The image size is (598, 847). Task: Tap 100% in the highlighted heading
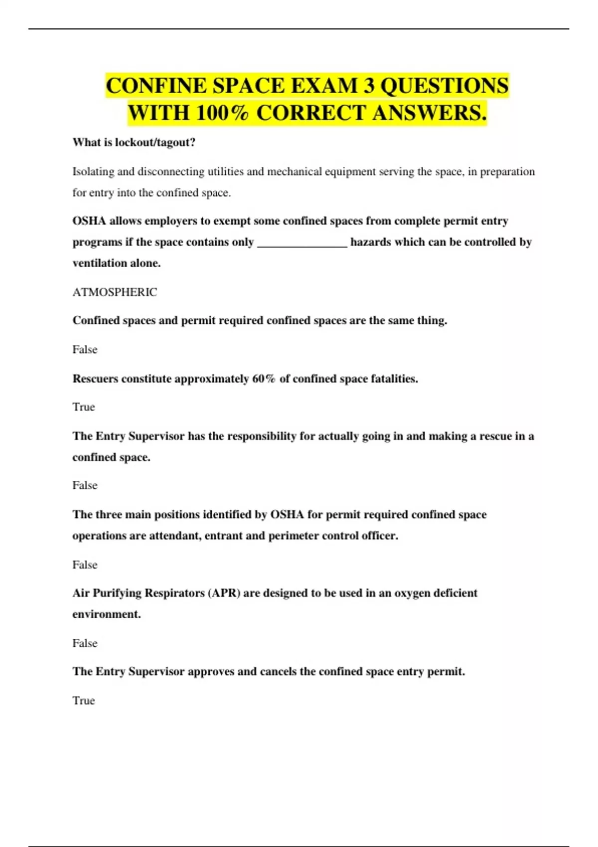point(222,113)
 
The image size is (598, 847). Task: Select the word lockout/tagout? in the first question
point(155,142)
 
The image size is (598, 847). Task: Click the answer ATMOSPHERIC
point(115,292)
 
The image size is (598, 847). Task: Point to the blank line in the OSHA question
point(302,243)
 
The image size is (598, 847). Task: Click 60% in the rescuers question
point(264,379)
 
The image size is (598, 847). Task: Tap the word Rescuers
point(95,379)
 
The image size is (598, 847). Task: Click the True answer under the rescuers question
point(83,407)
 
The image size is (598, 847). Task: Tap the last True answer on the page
point(83,701)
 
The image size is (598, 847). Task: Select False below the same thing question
point(85,350)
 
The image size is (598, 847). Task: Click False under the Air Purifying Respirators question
point(85,643)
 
